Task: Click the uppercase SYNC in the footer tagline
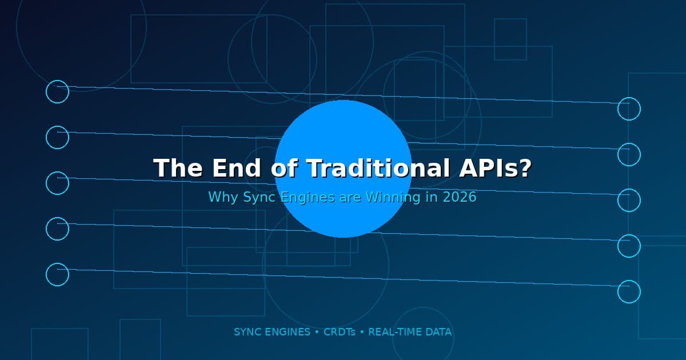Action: (x=247, y=332)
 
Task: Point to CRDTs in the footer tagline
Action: (x=340, y=332)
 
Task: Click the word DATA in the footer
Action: (x=438, y=332)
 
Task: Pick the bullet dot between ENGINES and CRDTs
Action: (x=317, y=332)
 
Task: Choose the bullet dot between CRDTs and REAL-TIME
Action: (x=362, y=332)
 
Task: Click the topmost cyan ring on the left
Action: (x=57, y=91)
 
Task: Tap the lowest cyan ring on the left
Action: (x=57, y=274)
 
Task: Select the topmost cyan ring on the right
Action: (x=629, y=109)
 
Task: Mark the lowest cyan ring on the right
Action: (x=629, y=291)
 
